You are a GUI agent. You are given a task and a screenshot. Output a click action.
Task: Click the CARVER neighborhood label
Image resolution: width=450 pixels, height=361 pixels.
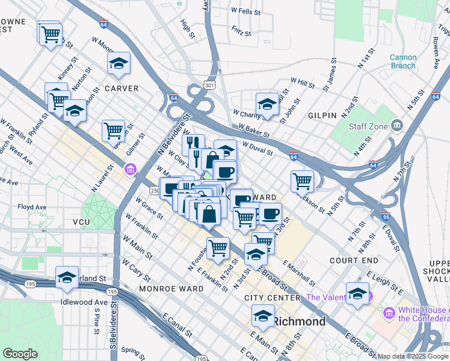(122, 88)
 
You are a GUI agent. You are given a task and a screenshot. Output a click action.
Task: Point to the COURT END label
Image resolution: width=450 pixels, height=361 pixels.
(354, 261)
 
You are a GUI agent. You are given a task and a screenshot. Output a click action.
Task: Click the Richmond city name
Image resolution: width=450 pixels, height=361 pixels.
(300, 321)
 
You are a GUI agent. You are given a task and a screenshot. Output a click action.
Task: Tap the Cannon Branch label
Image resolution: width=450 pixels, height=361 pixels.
(403, 61)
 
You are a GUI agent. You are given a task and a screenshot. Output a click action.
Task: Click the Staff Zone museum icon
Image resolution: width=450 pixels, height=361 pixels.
(397, 126)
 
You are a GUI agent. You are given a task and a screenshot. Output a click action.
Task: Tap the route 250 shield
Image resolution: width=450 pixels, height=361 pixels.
(155, 191)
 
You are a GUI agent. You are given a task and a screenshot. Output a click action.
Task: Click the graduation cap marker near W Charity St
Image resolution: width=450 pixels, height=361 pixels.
(267, 103)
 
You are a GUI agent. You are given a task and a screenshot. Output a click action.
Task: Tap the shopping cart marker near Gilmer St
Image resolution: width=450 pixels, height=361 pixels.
(113, 129)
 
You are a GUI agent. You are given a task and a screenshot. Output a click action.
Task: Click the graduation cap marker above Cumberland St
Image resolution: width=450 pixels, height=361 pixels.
(67, 277)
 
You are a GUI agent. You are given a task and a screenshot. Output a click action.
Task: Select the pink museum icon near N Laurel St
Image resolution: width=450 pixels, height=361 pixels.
(131, 170)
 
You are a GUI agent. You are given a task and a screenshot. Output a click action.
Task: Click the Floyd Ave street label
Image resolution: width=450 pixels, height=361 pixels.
(32, 206)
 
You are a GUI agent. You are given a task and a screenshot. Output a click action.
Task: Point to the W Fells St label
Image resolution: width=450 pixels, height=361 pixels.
(246, 11)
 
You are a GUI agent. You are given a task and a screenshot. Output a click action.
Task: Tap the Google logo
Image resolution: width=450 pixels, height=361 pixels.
(20, 354)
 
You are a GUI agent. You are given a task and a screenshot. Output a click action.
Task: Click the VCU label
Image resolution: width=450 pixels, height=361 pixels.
(81, 222)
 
